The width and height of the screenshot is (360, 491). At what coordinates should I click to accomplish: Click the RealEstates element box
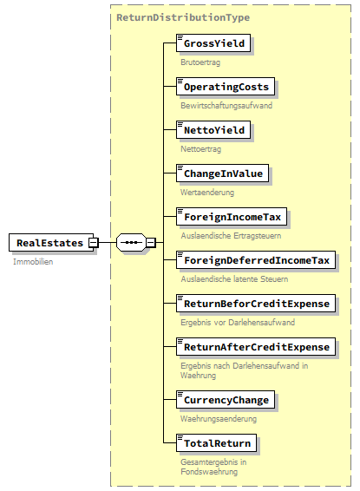(x=49, y=243)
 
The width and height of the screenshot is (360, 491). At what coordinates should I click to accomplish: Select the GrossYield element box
(x=213, y=43)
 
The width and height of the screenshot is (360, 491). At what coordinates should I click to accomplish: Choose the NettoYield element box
(x=214, y=130)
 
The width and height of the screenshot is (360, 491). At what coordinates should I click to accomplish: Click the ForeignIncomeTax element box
(x=232, y=217)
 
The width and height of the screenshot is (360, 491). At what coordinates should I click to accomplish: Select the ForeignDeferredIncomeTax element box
(x=255, y=260)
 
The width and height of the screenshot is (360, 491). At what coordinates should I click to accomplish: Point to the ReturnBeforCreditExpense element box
(x=255, y=304)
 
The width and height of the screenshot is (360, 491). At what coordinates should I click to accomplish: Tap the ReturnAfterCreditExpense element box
(x=255, y=347)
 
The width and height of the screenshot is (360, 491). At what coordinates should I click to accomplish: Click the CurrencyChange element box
(x=226, y=400)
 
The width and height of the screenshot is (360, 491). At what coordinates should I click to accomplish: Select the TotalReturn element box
(x=216, y=443)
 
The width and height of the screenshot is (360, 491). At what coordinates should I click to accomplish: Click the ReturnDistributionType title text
(x=182, y=17)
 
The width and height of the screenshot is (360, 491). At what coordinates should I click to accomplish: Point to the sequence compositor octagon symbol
(x=130, y=242)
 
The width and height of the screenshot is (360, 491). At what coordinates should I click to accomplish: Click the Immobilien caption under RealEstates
(x=33, y=261)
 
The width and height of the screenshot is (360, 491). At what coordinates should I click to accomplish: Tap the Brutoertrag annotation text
(x=200, y=62)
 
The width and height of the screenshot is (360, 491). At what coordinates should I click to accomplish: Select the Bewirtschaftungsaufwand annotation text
(x=226, y=106)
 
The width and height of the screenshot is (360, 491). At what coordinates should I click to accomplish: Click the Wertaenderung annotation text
(x=206, y=193)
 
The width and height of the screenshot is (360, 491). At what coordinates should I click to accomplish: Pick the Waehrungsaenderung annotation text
(x=217, y=418)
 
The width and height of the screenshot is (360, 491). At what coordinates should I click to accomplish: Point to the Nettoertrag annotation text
(x=201, y=149)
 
